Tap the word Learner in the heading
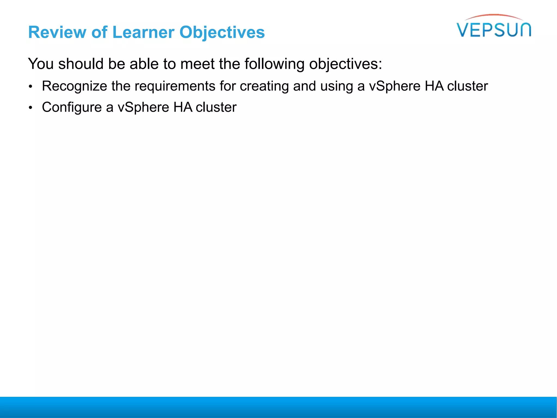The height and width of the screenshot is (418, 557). (143, 32)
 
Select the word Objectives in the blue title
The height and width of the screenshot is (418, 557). (222, 32)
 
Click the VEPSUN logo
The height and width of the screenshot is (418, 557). (494, 29)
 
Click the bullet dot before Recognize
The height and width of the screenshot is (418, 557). (31, 87)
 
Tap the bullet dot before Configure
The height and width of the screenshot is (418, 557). (31, 108)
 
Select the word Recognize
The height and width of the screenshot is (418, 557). (75, 87)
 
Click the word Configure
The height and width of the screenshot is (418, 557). (72, 107)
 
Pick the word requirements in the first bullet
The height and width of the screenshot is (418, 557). (175, 87)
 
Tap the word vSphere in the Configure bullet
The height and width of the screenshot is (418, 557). (143, 107)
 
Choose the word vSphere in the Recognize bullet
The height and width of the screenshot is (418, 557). (395, 87)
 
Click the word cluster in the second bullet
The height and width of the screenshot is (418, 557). (216, 107)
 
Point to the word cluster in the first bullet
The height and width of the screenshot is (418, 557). (468, 87)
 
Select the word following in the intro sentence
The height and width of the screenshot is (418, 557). (274, 64)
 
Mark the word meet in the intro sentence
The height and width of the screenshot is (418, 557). (197, 64)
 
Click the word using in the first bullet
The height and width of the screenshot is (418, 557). (336, 87)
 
